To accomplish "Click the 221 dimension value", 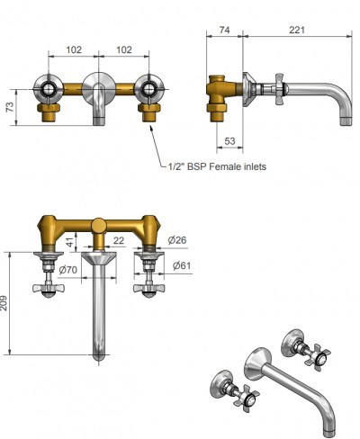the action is (x=297, y=30).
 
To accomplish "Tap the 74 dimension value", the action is (x=224, y=30).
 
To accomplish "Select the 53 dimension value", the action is (x=229, y=141).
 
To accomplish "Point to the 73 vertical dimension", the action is (x=10, y=107).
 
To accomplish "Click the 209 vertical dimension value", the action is (x=4, y=303).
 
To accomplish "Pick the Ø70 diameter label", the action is (x=68, y=270).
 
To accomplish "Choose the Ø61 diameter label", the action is (x=182, y=265).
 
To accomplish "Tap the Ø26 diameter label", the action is (x=177, y=240).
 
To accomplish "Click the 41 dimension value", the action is (x=69, y=242).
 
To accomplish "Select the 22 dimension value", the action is (x=119, y=240).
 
